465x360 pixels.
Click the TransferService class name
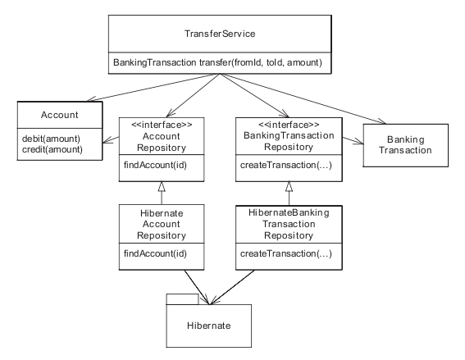[220, 34]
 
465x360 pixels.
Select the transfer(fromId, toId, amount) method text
[260, 62]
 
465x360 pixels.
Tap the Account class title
[59, 115]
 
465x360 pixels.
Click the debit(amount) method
[51, 139]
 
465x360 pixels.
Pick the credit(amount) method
[52, 149]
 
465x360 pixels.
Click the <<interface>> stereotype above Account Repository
[162, 125]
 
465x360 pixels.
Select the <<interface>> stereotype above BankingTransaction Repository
[289, 125]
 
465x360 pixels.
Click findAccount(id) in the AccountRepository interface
[155, 165]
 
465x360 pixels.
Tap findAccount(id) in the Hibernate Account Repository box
[155, 253]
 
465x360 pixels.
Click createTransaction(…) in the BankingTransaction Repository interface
[286, 165]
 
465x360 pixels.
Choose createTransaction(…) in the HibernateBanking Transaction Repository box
[286, 253]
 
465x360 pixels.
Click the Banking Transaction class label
[405, 144]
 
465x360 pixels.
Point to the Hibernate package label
[209, 326]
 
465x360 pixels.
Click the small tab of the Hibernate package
[182, 299]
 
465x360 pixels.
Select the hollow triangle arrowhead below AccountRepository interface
[162, 186]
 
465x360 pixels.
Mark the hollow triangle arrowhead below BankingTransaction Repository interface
[289, 186]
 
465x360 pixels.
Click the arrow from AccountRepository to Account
[111, 139]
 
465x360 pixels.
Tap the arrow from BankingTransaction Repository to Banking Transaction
[353, 140]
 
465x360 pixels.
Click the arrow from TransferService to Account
[153, 88]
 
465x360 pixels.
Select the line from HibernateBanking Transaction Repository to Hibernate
[232, 287]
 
